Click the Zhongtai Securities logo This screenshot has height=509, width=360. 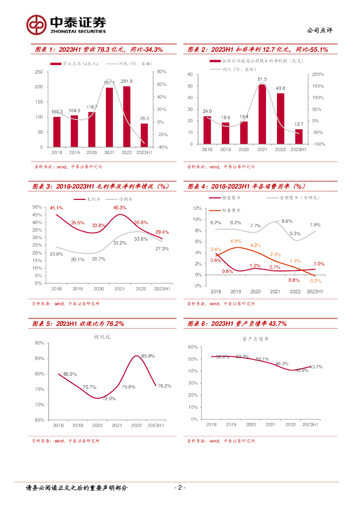(67, 24)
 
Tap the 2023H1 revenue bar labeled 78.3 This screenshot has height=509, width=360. (144, 135)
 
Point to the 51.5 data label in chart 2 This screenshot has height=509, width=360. (262, 79)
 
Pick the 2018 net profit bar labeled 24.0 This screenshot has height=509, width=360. (207, 130)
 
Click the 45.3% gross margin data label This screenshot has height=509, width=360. (120, 207)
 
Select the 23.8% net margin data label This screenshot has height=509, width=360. (57, 254)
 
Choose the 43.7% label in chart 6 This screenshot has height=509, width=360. (316, 367)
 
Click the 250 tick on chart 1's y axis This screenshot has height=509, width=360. (38, 72)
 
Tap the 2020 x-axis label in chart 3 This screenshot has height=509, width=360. (99, 289)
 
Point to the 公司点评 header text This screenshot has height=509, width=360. (321, 30)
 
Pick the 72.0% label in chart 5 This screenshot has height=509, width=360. (109, 399)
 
